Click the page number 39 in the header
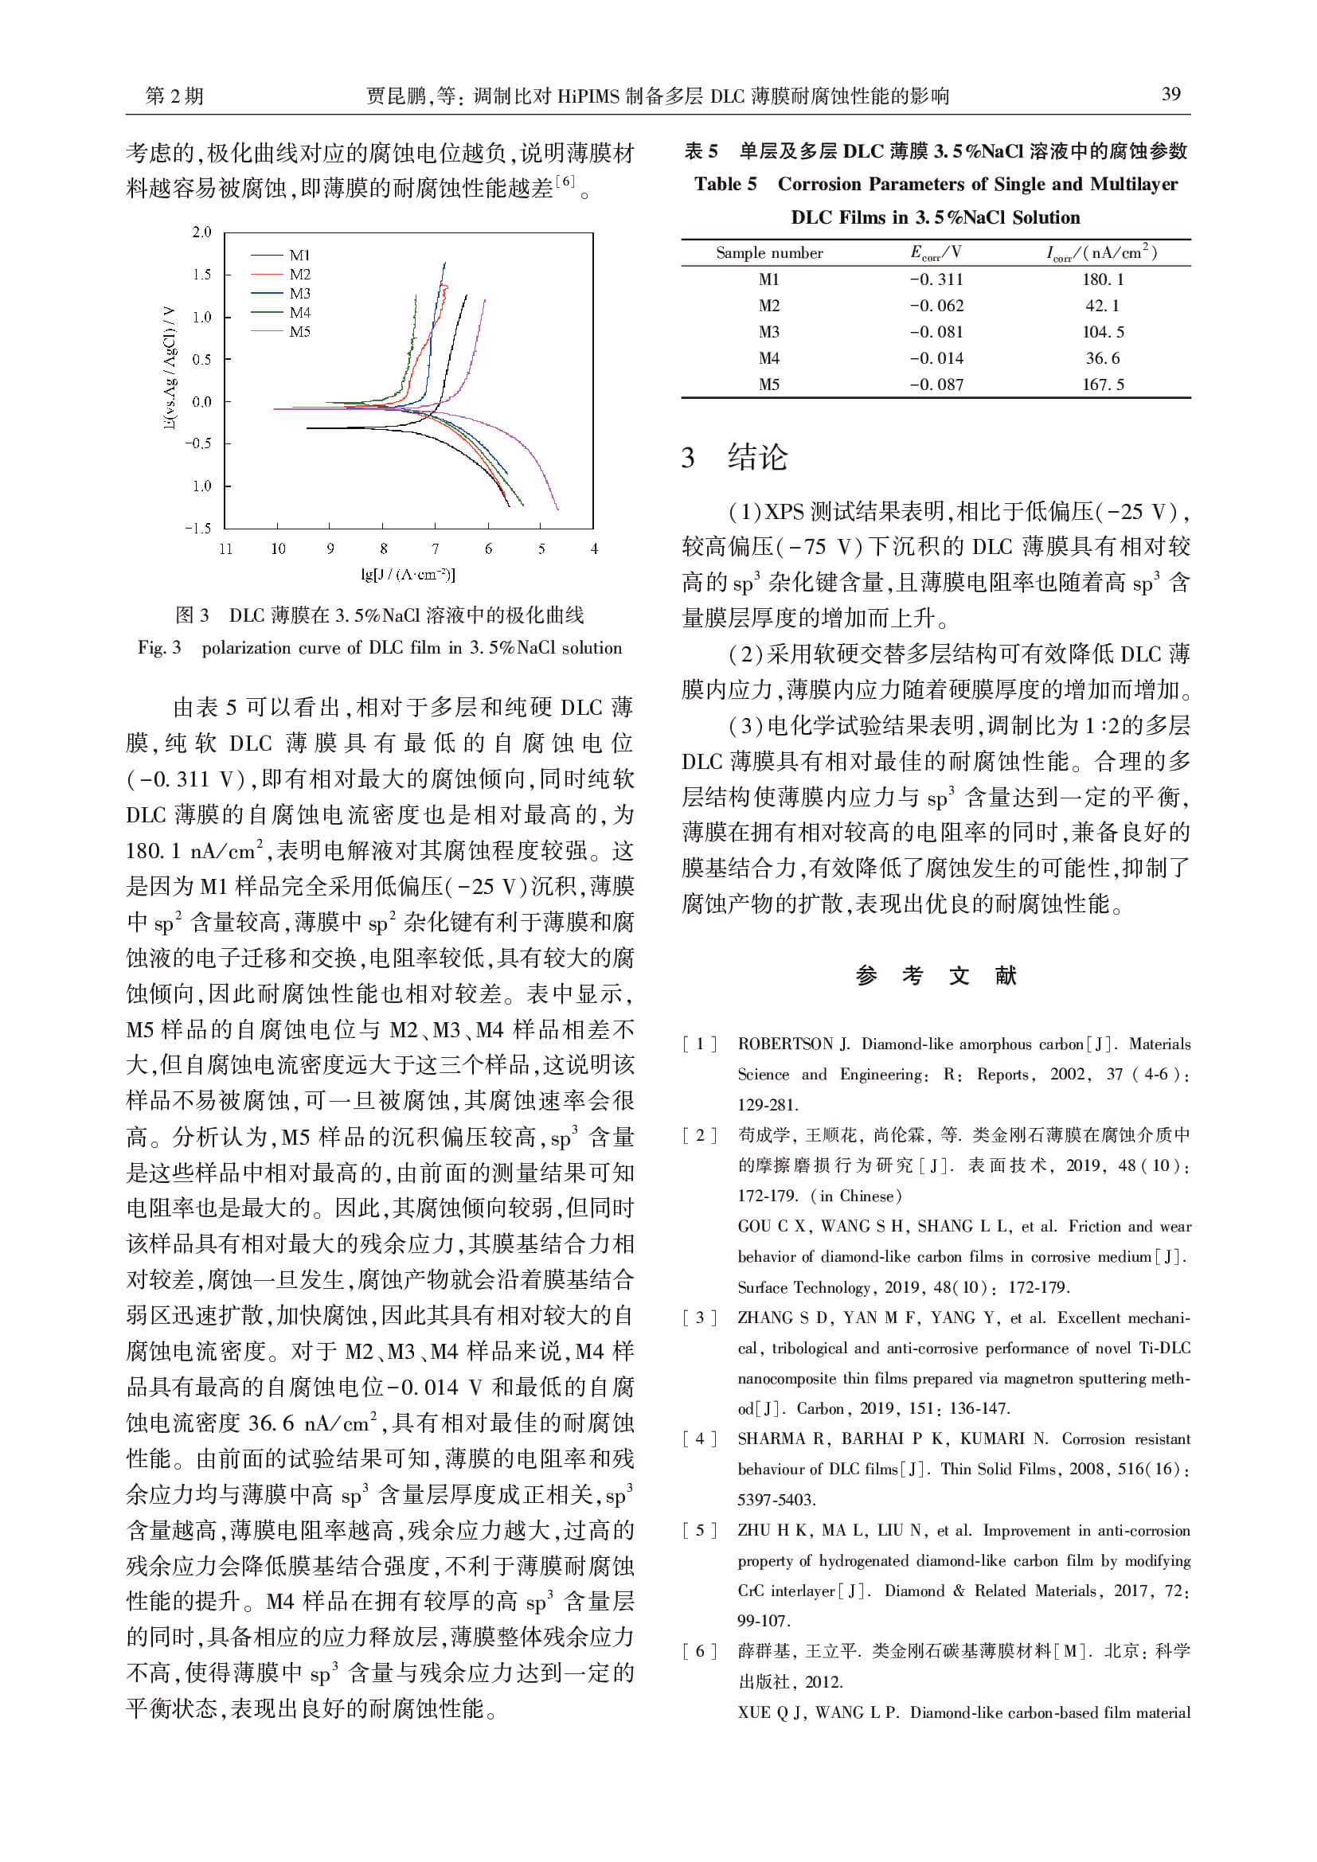tap(1170, 94)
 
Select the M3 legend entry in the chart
tap(299, 294)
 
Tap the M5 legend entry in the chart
tap(299, 332)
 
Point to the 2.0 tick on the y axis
tap(201, 232)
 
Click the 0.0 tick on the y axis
tap(201, 401)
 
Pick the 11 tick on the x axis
tap(225, 549)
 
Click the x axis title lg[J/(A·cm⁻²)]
tap(408, 575)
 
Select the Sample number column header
tap(769, 253)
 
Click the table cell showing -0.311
tap(936, 279)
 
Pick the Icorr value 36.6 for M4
tap(1102, 358)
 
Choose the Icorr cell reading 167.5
tap(1102, 385)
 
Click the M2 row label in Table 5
tap(769, 306)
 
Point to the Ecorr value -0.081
tap(936, 333)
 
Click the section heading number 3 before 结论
tap(688, 459)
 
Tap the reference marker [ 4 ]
tap(700, 1438)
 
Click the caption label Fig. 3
tap(159, 648)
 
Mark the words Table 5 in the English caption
tap(725, 184)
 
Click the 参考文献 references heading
tap(935, 976)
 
